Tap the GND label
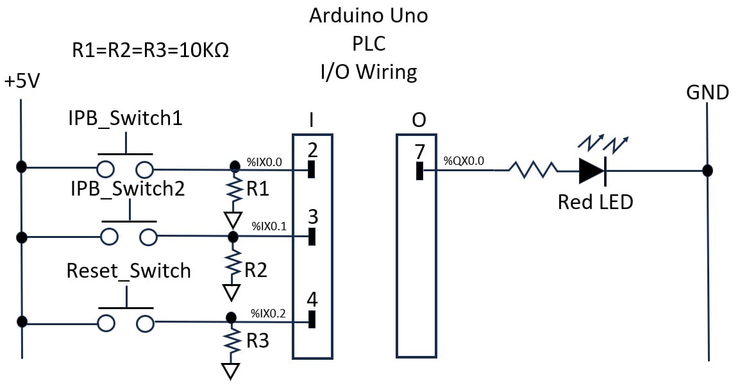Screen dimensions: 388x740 [707, 93]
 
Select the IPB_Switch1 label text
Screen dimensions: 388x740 [125, 119]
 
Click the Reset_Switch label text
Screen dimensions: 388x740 [129, 271]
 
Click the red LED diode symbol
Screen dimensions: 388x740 [592, 171]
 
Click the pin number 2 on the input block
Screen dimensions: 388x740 [312, 151]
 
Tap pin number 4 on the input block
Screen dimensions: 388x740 [312, 299]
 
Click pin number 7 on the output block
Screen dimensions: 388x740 [419, 153]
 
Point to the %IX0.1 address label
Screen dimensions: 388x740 [269, 226]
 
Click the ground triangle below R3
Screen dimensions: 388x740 [230, 371]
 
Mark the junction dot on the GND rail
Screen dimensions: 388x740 [707, 171]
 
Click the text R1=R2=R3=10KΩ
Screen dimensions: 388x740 [151, 49]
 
